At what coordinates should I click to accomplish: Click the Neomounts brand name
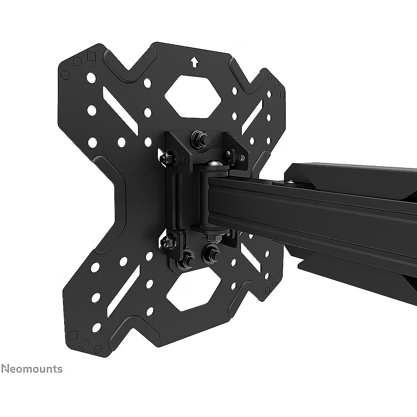click(32, 369)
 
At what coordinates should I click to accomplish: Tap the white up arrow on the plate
click(195, 62)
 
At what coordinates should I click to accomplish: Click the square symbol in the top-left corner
click(91, 57)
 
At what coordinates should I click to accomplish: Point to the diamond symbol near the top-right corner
click(276, 85)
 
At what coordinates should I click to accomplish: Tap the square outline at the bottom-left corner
click(73, 335)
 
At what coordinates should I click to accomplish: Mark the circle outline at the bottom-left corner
click(98, 348)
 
